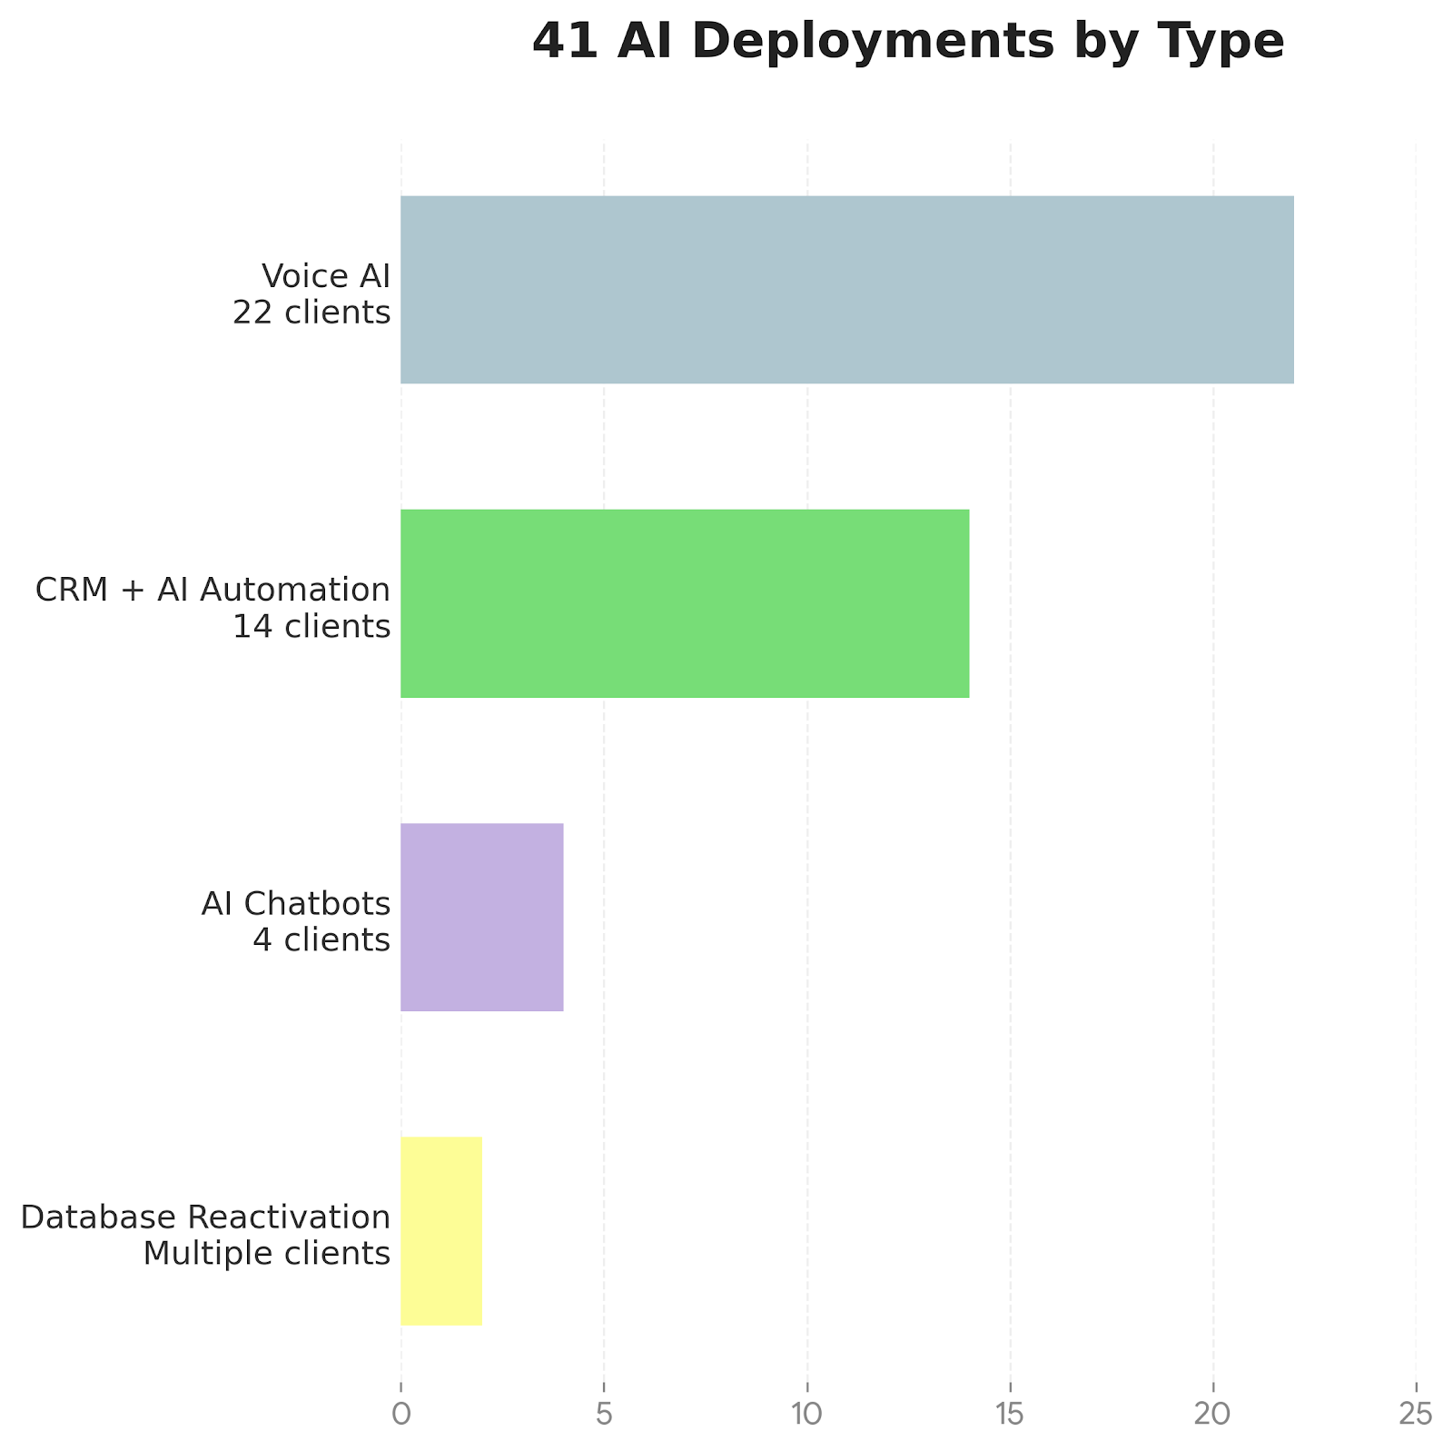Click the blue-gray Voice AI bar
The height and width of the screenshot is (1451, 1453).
tap(846, 290)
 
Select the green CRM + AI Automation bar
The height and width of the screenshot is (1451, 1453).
tap(685, 603)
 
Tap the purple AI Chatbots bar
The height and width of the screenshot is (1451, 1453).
tap(481, 917)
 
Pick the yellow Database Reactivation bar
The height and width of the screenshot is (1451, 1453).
tap(441, 1230)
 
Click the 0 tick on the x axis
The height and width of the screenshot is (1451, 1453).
tap(400, 1414)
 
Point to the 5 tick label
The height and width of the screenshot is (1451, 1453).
tap(603, 1414)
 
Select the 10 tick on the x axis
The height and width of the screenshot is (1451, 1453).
tap(806, 1414)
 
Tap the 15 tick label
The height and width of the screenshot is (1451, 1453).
tap(1010, 1414)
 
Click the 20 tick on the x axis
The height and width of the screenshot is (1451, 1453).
tap(1212, 1414)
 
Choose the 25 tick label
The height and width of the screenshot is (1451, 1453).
tap(1416, 1414)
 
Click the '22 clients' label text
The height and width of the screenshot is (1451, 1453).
tap(311, 313)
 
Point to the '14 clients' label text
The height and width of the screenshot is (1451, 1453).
tap(311, 627)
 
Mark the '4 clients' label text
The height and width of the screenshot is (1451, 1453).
tap(321, 940)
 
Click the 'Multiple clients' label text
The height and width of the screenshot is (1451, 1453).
tap(267, 1254)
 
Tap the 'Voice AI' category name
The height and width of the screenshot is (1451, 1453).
tap(325, 276)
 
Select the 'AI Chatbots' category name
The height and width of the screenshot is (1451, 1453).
tap(296, 904)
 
